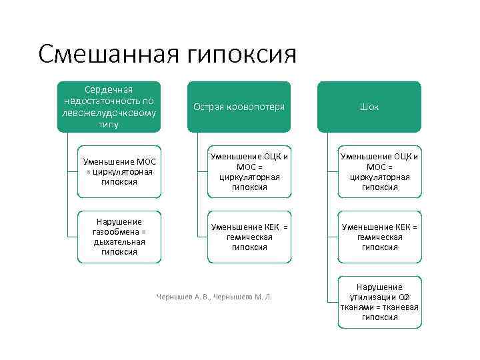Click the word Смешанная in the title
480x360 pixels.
point(105,54)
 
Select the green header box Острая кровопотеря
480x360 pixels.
point(239,107)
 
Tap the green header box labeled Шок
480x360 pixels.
point(369,107)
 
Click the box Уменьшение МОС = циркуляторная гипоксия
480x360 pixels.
point(118,171)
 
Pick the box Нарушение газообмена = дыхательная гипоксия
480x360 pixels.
point(118,237)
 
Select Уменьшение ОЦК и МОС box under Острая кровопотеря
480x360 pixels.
point(249,171)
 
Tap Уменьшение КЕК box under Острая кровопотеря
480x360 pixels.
point(249,237)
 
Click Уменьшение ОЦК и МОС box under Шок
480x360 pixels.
point(379,171)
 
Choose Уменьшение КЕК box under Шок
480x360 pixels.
point(379,237)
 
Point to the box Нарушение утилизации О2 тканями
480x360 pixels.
point(379,301)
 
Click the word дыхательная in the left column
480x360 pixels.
point(119,241)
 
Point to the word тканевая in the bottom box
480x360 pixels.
point(400,307)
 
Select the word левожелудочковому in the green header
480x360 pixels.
point(109,112)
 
